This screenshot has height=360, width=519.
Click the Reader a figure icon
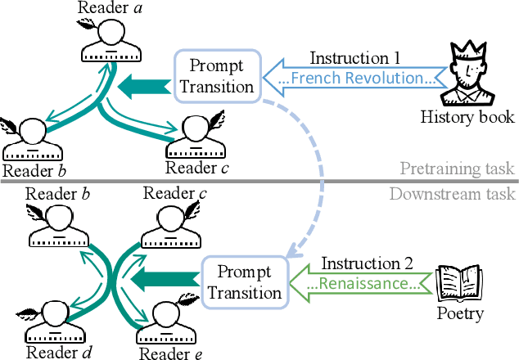111,43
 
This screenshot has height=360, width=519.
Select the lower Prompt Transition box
242,283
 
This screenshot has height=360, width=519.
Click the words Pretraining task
457,169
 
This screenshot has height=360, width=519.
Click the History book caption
467,117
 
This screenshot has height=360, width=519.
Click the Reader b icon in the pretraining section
33,139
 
